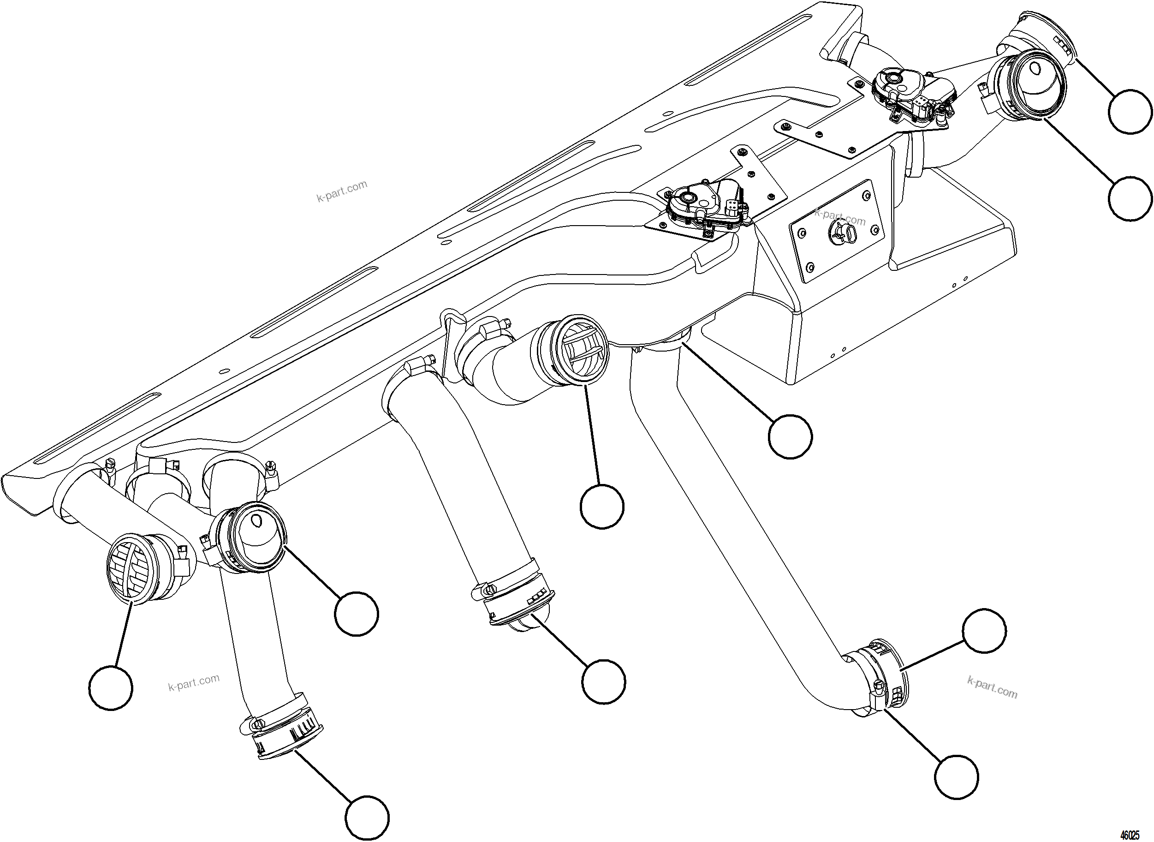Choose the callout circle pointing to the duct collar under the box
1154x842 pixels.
790,437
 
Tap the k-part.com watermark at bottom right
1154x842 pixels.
992,687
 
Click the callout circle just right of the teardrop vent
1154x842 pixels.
357,613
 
